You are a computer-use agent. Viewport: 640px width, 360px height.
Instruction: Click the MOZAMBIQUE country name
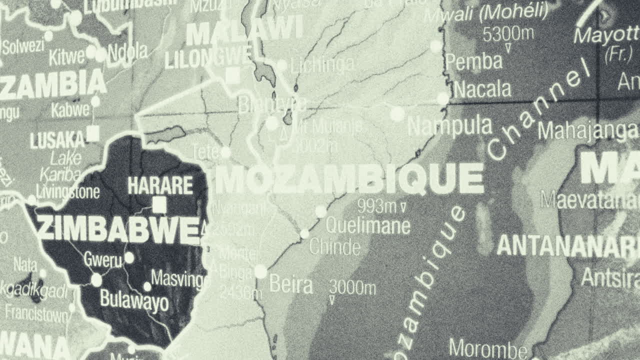pyautogui.click(x=349, y=179)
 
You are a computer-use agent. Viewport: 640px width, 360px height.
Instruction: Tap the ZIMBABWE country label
pyautogui.click(x=119, y=229)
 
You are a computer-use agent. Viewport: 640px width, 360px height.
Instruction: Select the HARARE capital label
pyautogui.click(x=160, y=185)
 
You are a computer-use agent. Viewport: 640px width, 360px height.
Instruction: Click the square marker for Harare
pyautogui.click(x=159, y=204)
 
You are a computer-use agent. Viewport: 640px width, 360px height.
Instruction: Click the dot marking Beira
pyautogui.click(x=260, y=271)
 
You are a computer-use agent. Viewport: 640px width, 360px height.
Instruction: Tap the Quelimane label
pyautogui.click(x=368, y=226)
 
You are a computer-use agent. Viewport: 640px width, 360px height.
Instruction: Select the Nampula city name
pyautogui.click(x=449, y=126)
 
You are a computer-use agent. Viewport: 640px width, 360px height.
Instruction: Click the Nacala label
pyautogui.click(x=482, y=90)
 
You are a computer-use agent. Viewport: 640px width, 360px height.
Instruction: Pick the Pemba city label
pyautogui.click(x=473, y=62)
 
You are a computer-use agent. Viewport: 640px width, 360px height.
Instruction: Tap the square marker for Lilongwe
pyautogui.click(x=232, y=76)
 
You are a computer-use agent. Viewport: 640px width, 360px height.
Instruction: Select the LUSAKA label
pyautogui.click(x=57, y=140)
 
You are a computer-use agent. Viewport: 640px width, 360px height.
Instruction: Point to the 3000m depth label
pyautogui.click(x=352, y=288)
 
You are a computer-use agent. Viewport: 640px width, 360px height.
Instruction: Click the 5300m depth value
pyautogui.click(x=508, y=34)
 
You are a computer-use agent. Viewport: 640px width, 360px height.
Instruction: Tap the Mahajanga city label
pyautogui.click(x=588, y=131)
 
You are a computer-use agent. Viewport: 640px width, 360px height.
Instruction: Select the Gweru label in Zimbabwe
pyautogui.click(x=102, y=260)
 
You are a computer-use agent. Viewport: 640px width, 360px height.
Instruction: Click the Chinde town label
pyautogui.click(x=334, y=247)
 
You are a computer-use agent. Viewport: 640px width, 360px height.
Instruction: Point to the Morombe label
pyautogui.click(x=488, y=348)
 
